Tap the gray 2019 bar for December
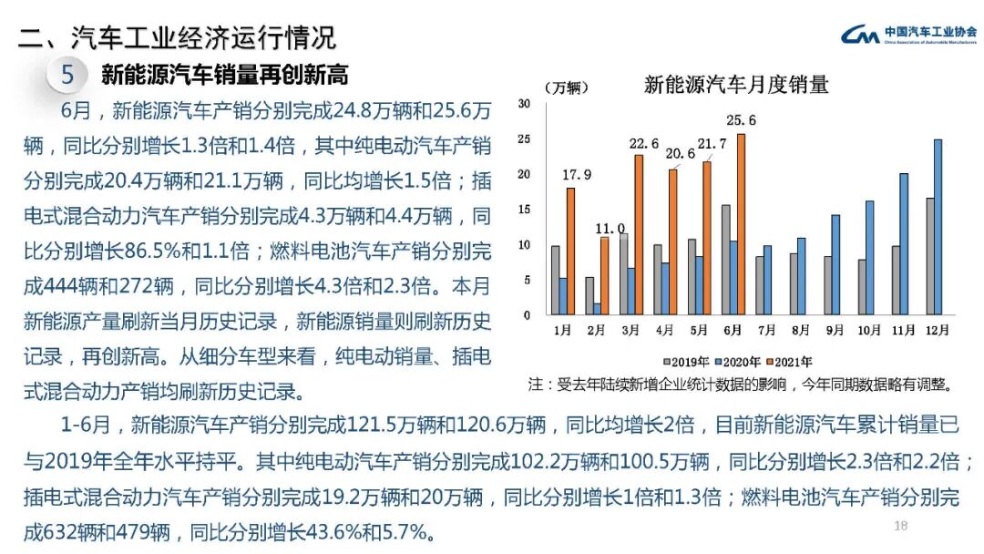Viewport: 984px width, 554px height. coord(929,256)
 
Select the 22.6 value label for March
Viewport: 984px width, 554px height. coord(643,142)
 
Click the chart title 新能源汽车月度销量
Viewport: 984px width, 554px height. coord(736,86)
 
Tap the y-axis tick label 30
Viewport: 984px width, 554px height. coord(524,104)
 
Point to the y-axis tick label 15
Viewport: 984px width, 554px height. coord(524,210)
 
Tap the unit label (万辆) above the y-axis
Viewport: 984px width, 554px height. coord(567,87)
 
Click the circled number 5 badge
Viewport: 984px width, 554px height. coord(67,75)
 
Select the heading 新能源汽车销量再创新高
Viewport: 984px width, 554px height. coord(224,74)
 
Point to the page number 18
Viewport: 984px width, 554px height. coord(901,526)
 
